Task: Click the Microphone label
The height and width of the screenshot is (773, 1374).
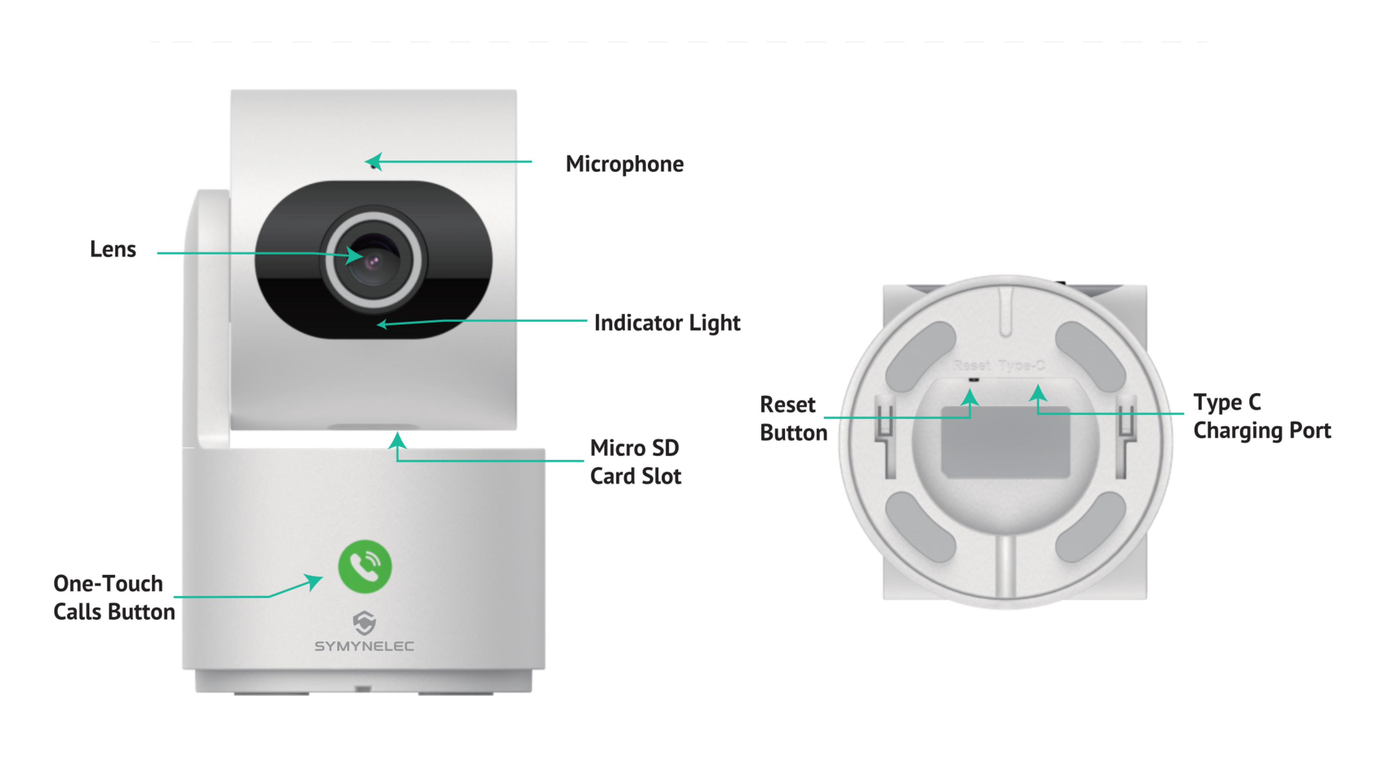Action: [624, 164]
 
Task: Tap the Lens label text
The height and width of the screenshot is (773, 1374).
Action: [112, 249]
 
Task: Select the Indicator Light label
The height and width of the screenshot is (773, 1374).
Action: [667, 323]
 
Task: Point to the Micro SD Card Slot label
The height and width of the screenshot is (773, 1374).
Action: [635, 462]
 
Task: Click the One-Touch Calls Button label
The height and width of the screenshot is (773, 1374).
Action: [114, 597]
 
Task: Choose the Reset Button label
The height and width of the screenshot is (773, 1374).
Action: [793, 419]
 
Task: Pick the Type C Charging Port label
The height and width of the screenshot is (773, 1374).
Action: [1262, 417]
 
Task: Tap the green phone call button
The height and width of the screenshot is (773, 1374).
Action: [365, 566]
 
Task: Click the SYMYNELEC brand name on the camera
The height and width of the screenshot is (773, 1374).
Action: [364, 646]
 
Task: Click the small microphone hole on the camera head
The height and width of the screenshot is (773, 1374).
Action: [373, 167]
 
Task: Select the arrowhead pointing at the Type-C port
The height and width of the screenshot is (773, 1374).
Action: [1038, 394]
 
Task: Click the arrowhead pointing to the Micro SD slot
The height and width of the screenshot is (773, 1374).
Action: [397, 441]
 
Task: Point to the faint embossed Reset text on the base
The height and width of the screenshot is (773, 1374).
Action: [971, 365]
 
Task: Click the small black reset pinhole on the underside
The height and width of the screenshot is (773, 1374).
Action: [974, 380]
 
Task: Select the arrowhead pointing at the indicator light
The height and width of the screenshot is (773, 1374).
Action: [382, 324]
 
